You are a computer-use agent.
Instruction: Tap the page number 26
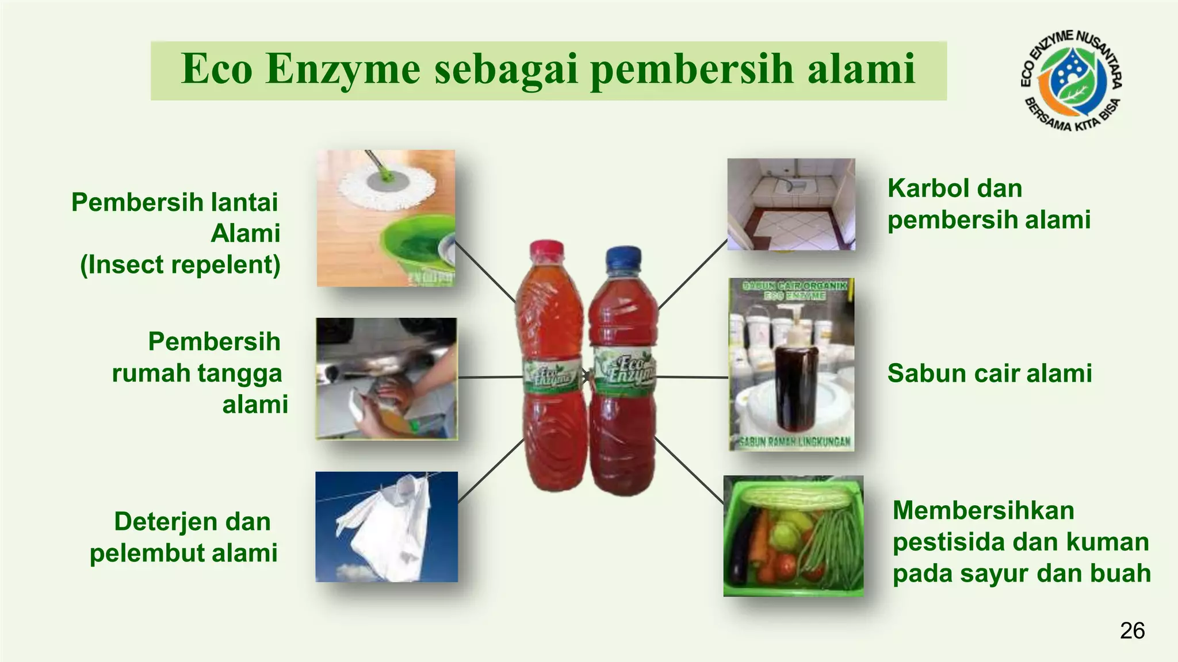(1132, 631)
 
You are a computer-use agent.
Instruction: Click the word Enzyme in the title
(343, 69)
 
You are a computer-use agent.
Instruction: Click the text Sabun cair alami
(989, 374)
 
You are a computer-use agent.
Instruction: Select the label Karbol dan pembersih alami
(988, 204)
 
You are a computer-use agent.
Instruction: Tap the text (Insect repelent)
(180, 265)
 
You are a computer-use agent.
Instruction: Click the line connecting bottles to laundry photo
(491, 469)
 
